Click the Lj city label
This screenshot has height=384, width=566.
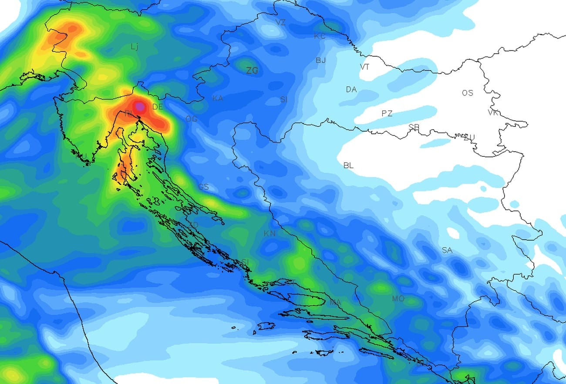135,47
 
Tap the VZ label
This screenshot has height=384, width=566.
281,22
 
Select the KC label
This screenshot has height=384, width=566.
320,36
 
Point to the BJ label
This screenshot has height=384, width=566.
320,60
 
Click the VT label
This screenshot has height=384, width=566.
365,67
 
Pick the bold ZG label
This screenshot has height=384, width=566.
252,71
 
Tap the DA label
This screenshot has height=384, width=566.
351,89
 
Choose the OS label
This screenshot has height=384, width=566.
468,93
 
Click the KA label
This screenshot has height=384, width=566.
218,99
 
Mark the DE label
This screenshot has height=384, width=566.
158,107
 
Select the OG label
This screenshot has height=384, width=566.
191,119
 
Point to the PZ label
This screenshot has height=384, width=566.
387,113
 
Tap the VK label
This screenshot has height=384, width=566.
493,112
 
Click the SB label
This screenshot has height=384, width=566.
414,127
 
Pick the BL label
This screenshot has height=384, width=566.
348,166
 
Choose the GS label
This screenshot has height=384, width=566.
203,187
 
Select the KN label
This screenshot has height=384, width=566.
270,234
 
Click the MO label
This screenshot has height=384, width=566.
398,299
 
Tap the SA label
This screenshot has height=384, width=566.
447,250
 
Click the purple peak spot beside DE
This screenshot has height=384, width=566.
139,105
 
